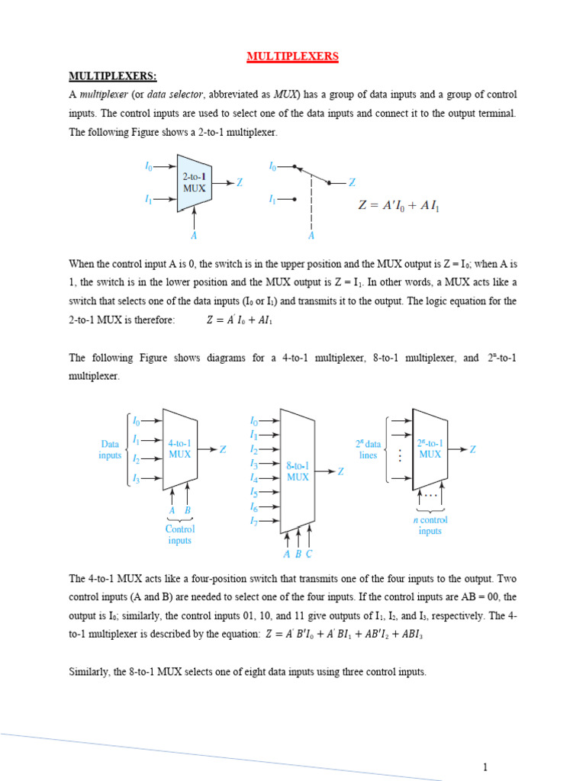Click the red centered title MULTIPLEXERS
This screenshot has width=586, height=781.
pos(293,56)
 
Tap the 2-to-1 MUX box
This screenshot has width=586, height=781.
pos(194,183)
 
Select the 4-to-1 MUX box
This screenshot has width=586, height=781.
pos(180,448)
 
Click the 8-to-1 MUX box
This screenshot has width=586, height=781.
pos(298,471)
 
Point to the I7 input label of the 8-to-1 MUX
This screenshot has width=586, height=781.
pos(254,521)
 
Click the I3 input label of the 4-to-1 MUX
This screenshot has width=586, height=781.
pos(136,478)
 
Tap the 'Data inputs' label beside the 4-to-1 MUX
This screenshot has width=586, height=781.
pos(110,449)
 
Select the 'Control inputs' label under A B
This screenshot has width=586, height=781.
pos(180,534)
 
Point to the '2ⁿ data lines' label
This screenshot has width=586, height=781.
pos(368,449)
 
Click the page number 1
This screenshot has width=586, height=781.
pos(484,767)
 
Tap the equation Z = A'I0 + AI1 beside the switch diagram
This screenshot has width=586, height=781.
pos(399,206)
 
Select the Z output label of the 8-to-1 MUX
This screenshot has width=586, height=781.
pos(341,471)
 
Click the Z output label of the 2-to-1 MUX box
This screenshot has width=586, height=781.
pos(240,183)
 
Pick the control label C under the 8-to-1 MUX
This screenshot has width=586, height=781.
pos(309,554)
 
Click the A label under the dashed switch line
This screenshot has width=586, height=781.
pos(311,236)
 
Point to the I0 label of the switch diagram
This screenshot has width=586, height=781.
pos(273,166)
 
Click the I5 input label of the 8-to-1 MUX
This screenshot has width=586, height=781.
pos(254,492)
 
